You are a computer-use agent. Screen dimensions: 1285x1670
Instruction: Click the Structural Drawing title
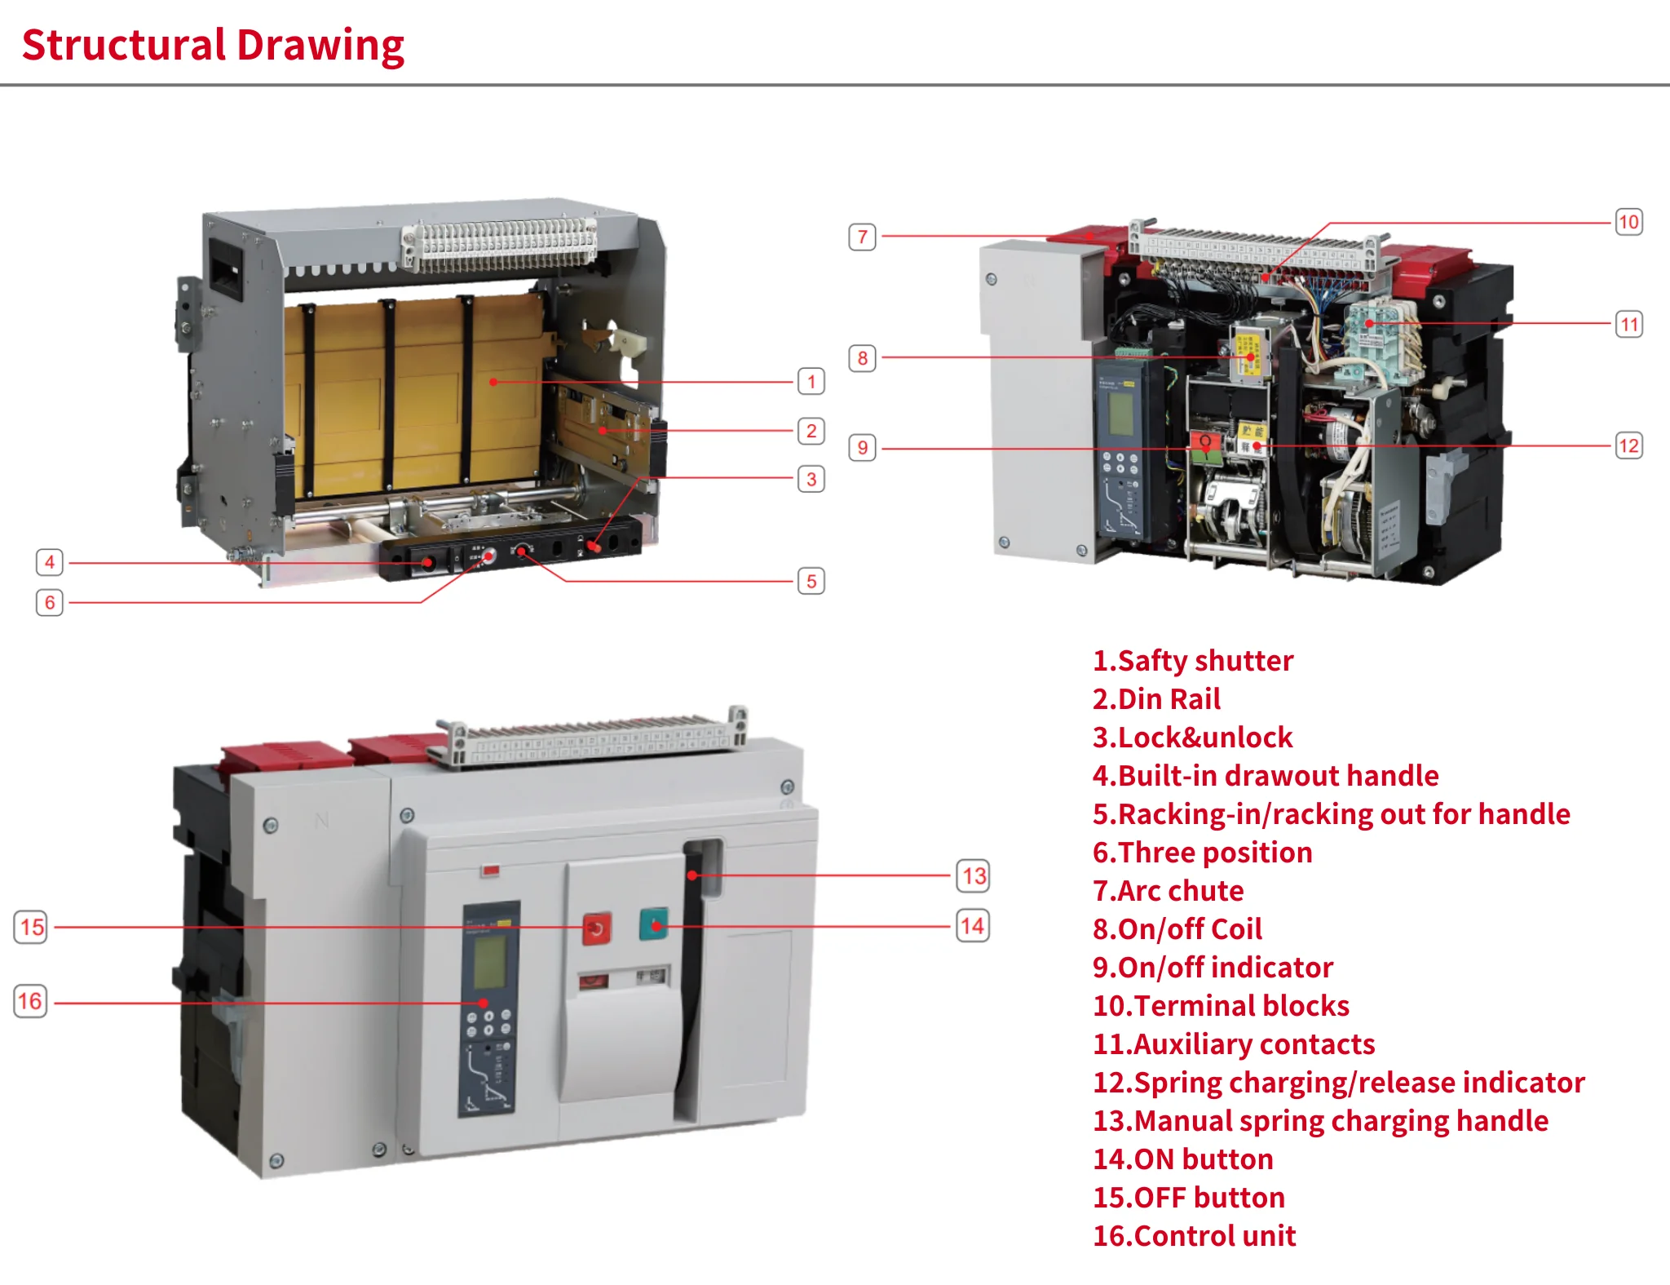213,45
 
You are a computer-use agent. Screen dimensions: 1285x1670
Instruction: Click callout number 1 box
811,381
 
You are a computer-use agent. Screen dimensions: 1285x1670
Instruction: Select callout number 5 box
811,581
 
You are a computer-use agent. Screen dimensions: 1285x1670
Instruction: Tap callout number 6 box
50,602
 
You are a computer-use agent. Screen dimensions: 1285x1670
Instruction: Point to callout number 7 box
862,237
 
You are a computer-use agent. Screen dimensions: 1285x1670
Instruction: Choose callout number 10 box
1628,222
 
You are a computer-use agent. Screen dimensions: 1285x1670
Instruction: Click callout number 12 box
1628,445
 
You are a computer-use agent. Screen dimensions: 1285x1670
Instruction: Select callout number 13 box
973,876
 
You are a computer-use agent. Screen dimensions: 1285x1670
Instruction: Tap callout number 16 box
30,1001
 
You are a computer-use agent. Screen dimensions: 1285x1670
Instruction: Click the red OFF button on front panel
596,928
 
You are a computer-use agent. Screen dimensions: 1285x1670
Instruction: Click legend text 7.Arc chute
1168,891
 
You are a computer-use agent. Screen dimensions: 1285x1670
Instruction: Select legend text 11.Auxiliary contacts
1233,1044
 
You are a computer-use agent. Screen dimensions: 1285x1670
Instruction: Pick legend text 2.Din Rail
1156,699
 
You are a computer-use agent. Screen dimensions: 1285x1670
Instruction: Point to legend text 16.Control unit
1194,1236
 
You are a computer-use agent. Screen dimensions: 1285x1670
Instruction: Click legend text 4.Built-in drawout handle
1265,776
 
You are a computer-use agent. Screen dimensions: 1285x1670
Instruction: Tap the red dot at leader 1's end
493,381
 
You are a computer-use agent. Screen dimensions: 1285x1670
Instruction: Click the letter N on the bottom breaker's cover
321,820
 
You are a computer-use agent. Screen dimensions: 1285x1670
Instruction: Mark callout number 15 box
31,927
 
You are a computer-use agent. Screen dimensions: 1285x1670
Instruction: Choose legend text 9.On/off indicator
1213,968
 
